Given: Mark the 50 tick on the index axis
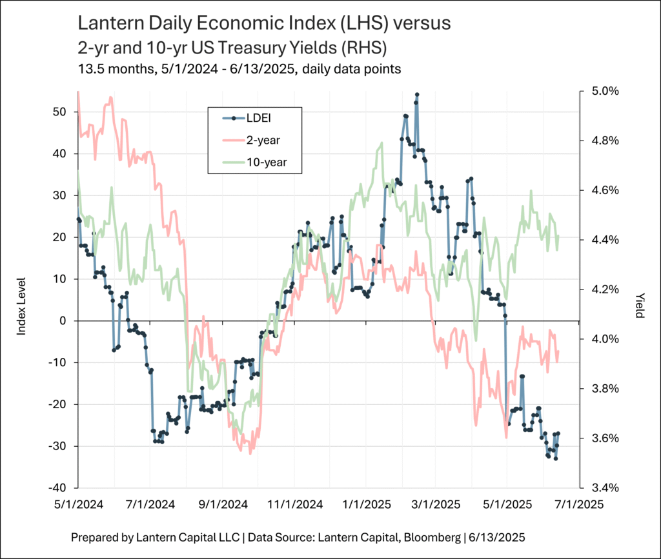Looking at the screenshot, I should click(x=59, y=112).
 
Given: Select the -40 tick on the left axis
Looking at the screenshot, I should click(x=57, y=488).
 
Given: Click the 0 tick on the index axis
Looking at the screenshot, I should click(x=62, y=320).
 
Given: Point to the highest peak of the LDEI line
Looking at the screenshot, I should click(x=417, y=94).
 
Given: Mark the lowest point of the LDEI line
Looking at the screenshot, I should click(x=556, y=458).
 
